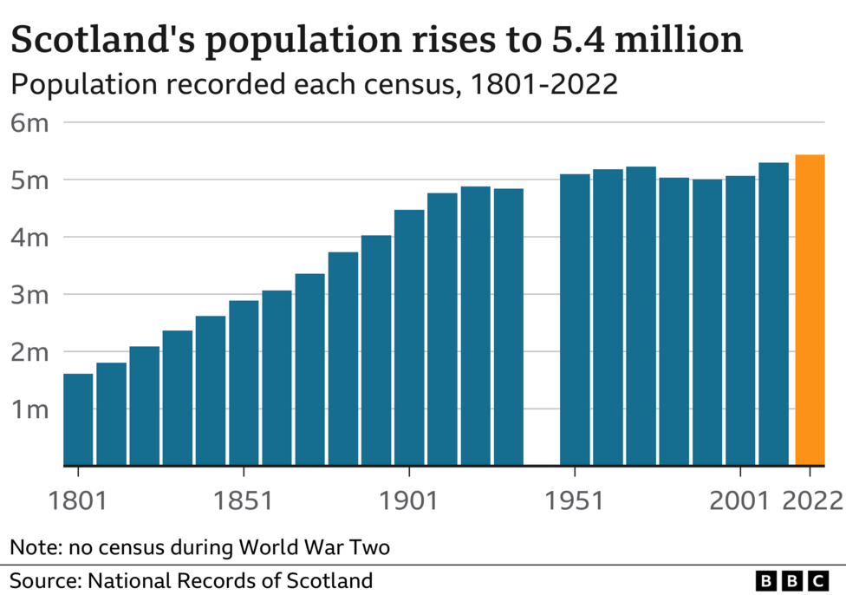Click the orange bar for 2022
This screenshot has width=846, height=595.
click(x=810, y=310)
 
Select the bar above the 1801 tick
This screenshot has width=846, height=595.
click(x=78, y=419)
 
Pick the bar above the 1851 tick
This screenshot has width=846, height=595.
click(x=244, y=382)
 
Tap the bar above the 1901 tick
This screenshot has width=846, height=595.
click(x=409, y=337)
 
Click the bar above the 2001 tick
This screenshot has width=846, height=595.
click(x=740, y=320)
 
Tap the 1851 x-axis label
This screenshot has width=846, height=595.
click(x=244, y=501)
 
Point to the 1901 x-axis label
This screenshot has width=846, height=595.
click(x=409, y=501)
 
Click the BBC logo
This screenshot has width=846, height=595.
click(x=792, y=580)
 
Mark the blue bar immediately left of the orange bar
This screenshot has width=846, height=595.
click(x=774, y=314)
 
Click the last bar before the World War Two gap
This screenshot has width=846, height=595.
click(x=509, y=327)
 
